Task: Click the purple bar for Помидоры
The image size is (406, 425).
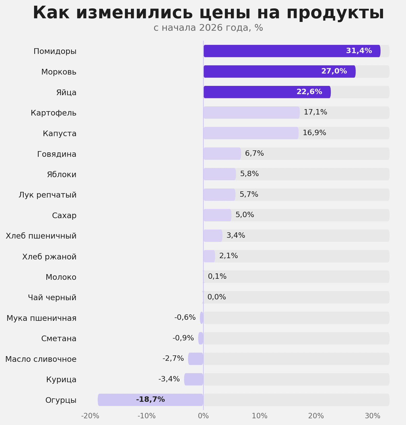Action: [x=292, y=51]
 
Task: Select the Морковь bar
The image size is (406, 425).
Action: [x=279, y=71]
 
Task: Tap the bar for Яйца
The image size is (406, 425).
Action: [x=267, y=92]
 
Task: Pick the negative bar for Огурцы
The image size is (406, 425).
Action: [x=150, y=400]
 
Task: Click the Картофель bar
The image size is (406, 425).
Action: [x=251, y=112]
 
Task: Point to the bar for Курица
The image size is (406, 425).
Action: [x=194, y=379]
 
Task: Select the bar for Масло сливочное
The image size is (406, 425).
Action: [x=196, y=359]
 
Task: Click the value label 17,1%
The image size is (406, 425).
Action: [x=315, y=112]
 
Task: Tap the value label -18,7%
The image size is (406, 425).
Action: [x=150, y=399]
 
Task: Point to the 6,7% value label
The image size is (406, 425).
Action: [x=254, y=153]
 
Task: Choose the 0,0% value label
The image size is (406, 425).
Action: [x=216, y=297]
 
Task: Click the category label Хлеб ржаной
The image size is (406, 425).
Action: [x=49, y=257]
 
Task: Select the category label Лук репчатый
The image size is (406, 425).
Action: [x=48, y=195]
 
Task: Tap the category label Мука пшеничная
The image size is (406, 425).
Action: [x=41, y=318]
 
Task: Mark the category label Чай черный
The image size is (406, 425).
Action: [x=52, y=298]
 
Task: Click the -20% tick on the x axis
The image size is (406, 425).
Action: [x=90, y=416]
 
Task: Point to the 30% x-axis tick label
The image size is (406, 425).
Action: [x=373, y=416]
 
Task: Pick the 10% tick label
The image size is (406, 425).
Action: [x=259, y=416]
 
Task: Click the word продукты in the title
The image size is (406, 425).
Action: [x=335, y=13]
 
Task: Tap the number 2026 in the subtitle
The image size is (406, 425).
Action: [x=211, y=28]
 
